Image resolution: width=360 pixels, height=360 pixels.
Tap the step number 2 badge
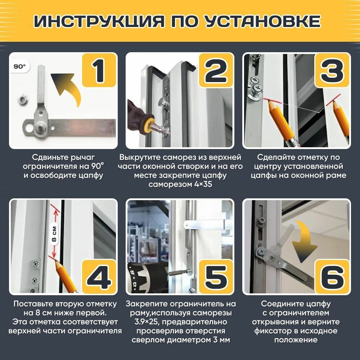click(216, 70)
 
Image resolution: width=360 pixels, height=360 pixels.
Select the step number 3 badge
click(332, 70)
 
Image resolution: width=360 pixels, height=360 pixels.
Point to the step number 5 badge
click(216, 276)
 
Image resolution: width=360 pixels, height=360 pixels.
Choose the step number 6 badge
click(332, 276)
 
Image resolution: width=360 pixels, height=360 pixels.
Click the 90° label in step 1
click(20, 67)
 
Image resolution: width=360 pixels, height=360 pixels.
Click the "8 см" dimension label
click(54, 234)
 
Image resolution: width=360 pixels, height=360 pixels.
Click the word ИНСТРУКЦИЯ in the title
click(99, 21)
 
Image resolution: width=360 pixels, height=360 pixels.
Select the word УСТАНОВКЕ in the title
click(262, 21)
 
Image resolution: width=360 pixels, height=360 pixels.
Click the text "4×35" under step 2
click(203, 184)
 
